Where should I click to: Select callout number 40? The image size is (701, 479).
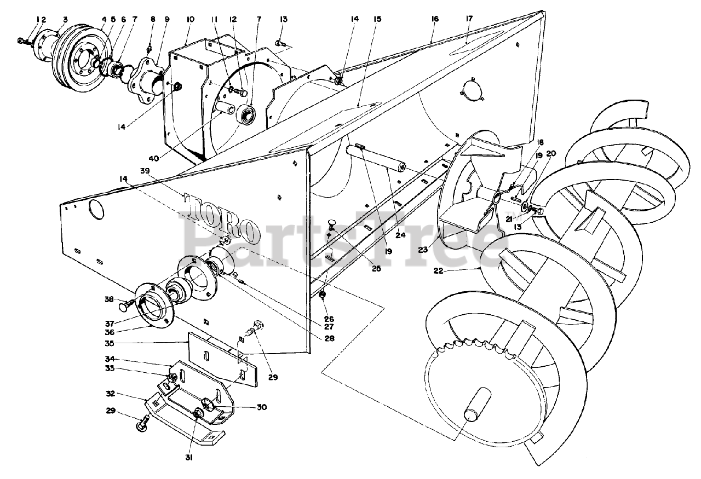(154, 159)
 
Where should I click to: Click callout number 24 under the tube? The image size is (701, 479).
(401, 236)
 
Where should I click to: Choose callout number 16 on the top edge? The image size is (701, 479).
(435, 19)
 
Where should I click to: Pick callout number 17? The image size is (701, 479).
(469, 19)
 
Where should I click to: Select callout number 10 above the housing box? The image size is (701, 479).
(190, 19)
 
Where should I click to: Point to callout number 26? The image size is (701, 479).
(328, 319)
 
